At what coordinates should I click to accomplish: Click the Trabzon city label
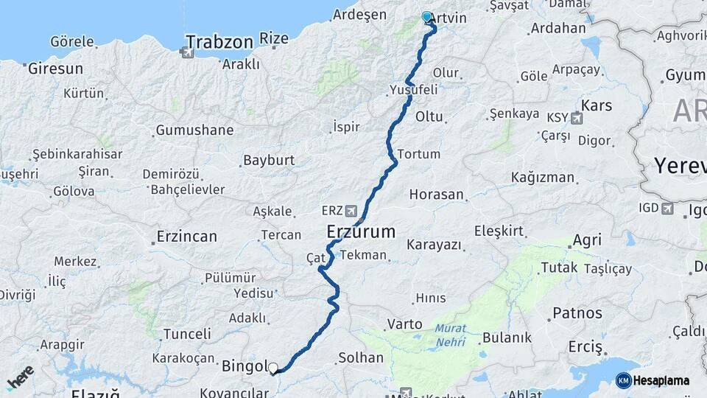click(219, 41)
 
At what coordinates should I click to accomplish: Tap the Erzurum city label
click(361, 232)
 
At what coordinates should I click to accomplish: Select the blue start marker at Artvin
click(426, 17)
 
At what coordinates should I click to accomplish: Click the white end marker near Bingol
click(273, 368)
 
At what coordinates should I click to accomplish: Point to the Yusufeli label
click(413, 89)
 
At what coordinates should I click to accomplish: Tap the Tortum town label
click(418, 154)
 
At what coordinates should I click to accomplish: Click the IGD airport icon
click(666, 209)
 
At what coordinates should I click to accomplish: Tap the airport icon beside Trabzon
click(187, 53)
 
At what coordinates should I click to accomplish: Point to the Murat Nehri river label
click(450, 333)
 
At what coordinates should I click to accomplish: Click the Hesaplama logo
click(653, 380)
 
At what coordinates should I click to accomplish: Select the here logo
click(21, 378)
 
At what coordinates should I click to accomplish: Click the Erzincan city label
click(186, 237)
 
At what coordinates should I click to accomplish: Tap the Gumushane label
click(194, 130)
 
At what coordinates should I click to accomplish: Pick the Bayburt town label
click(269, 160)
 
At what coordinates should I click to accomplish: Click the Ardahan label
click(557, 29)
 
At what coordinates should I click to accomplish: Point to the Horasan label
click(437, 195)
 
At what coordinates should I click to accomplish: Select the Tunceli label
click(187, 334)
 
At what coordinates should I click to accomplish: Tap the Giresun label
click(55, 69)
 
